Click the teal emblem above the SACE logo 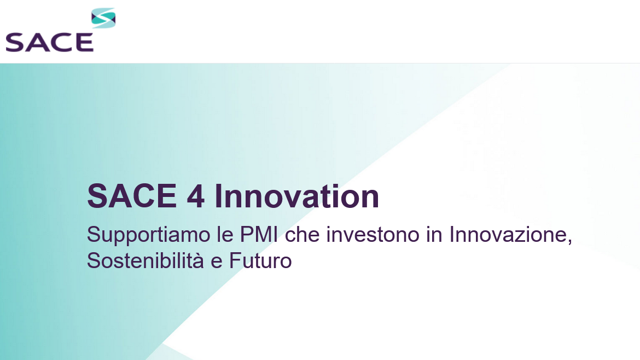point(103,18)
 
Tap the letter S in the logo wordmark point(15,43)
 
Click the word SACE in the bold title point(132,196)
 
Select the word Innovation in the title point(297,196)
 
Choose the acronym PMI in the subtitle point(258,235)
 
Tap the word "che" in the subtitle point(302,235)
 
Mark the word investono point(373,235)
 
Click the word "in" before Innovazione point(434,235)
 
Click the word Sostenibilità point(146,261)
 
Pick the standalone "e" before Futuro point(216,263)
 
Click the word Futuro point(260,261)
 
